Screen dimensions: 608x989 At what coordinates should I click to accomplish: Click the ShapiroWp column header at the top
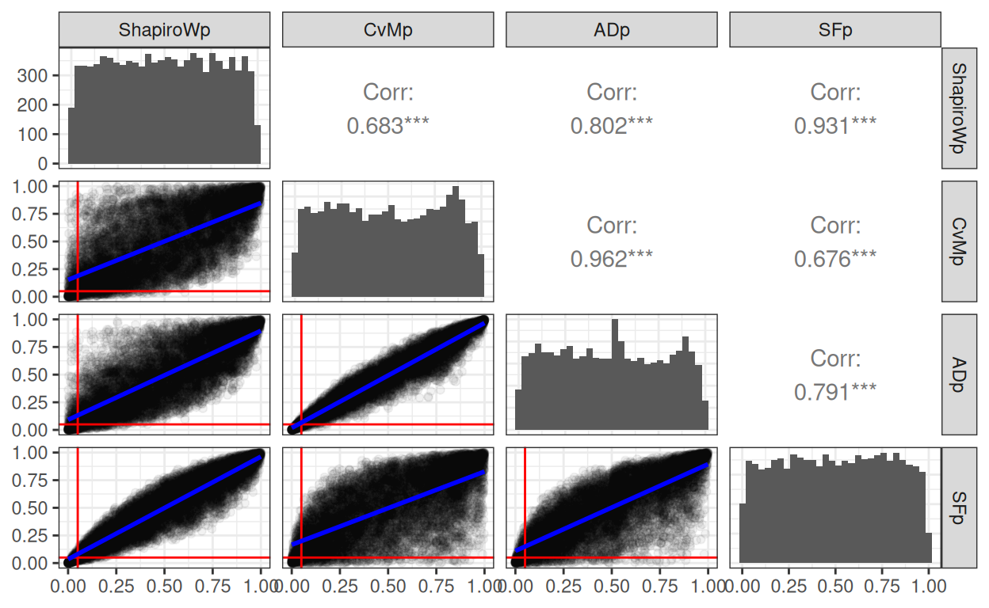click(x=165, y=30)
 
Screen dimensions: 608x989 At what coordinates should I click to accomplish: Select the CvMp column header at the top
click(x=388, y=30)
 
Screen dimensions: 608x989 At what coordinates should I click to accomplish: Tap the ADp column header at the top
click(x=612, y=30)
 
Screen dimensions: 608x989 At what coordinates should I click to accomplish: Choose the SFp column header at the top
click(x=835, y=30)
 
